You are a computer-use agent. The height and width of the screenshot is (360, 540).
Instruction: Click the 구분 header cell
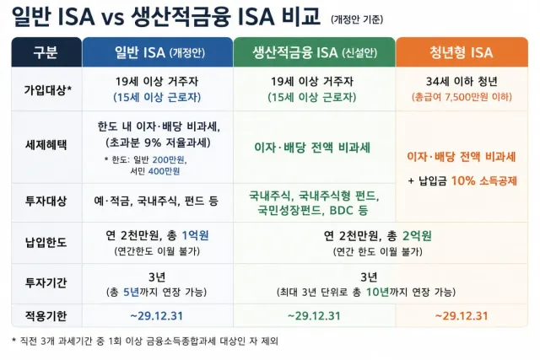tap(46, 52)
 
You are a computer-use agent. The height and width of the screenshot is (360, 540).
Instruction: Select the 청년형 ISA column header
tap(462, 52)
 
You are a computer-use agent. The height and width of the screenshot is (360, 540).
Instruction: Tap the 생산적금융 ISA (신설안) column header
tap(315, 52)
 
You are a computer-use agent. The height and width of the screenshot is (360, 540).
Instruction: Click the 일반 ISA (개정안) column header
tap(158, 52)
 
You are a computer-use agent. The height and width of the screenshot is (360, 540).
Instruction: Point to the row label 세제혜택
tap(46, 144)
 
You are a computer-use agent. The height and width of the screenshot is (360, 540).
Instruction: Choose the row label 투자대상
tap(46, 201)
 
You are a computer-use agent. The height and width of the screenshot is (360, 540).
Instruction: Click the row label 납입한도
tap(46, 243)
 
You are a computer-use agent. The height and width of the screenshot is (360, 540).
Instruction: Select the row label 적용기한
tap(46, 315)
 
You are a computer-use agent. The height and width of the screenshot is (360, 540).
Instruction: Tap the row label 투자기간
tap(46, 283)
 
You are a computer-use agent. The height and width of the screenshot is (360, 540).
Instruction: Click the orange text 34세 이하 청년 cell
tap(462, 82)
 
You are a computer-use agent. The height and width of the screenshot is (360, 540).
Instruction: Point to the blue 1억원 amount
tap(195, 235)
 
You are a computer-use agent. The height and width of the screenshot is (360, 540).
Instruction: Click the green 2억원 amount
tap(417, 236)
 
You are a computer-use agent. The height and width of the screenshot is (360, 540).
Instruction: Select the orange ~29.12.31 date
tap(462, 315)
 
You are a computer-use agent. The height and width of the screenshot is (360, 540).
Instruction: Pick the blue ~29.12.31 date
tap(157, 315)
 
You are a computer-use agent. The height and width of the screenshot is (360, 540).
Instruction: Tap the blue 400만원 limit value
tap(164, 171)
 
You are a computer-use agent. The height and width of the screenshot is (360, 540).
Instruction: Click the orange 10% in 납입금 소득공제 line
tap(463, 180)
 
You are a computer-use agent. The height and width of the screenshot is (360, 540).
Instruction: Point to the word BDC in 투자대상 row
tap(342, 210)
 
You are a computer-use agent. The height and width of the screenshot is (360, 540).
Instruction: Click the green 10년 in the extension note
tap(377, 292)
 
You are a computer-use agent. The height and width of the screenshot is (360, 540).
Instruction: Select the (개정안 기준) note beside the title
tap(357, 19)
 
